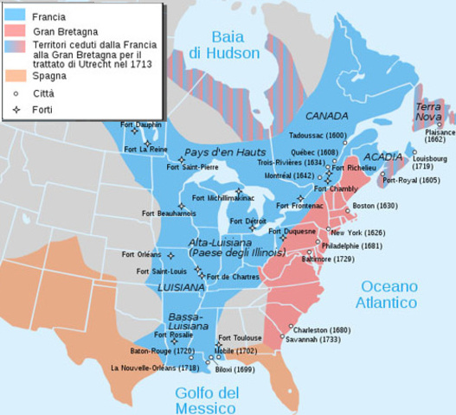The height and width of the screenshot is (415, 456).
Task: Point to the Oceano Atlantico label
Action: [389, 294]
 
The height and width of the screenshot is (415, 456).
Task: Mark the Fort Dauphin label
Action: [131, 124]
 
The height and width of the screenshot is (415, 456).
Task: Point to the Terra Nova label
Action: [429, 112]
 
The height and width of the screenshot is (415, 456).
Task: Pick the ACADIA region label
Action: [383, 156]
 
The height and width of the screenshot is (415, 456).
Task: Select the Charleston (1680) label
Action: [322, 329]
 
